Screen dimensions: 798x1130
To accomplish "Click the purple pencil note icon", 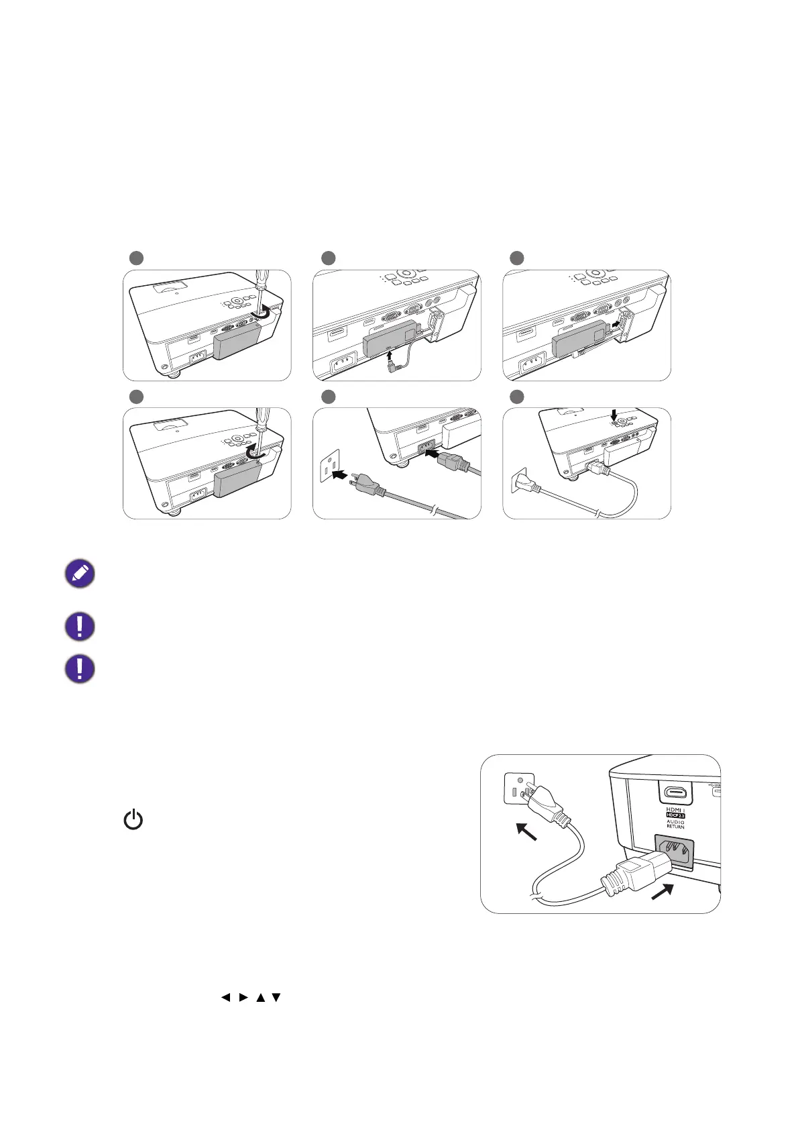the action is pyautogui.click(x=79, y=574).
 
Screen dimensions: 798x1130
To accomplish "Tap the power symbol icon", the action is pyautogui.click(x=133, y=819).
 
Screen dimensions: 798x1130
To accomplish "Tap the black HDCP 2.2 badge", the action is pyautogui.click(x=675, y=815).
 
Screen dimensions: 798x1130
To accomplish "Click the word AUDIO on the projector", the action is pyautogui.click(x=675, y=822).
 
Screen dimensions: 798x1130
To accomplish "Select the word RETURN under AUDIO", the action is pyautogui.click(x=675, y=827).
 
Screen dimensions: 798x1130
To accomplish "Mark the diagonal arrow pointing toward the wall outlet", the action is pyautogui.click(x=526, y=833).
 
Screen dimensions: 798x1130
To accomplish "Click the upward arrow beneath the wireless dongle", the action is pyautogui.click(x=391, y=349).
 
